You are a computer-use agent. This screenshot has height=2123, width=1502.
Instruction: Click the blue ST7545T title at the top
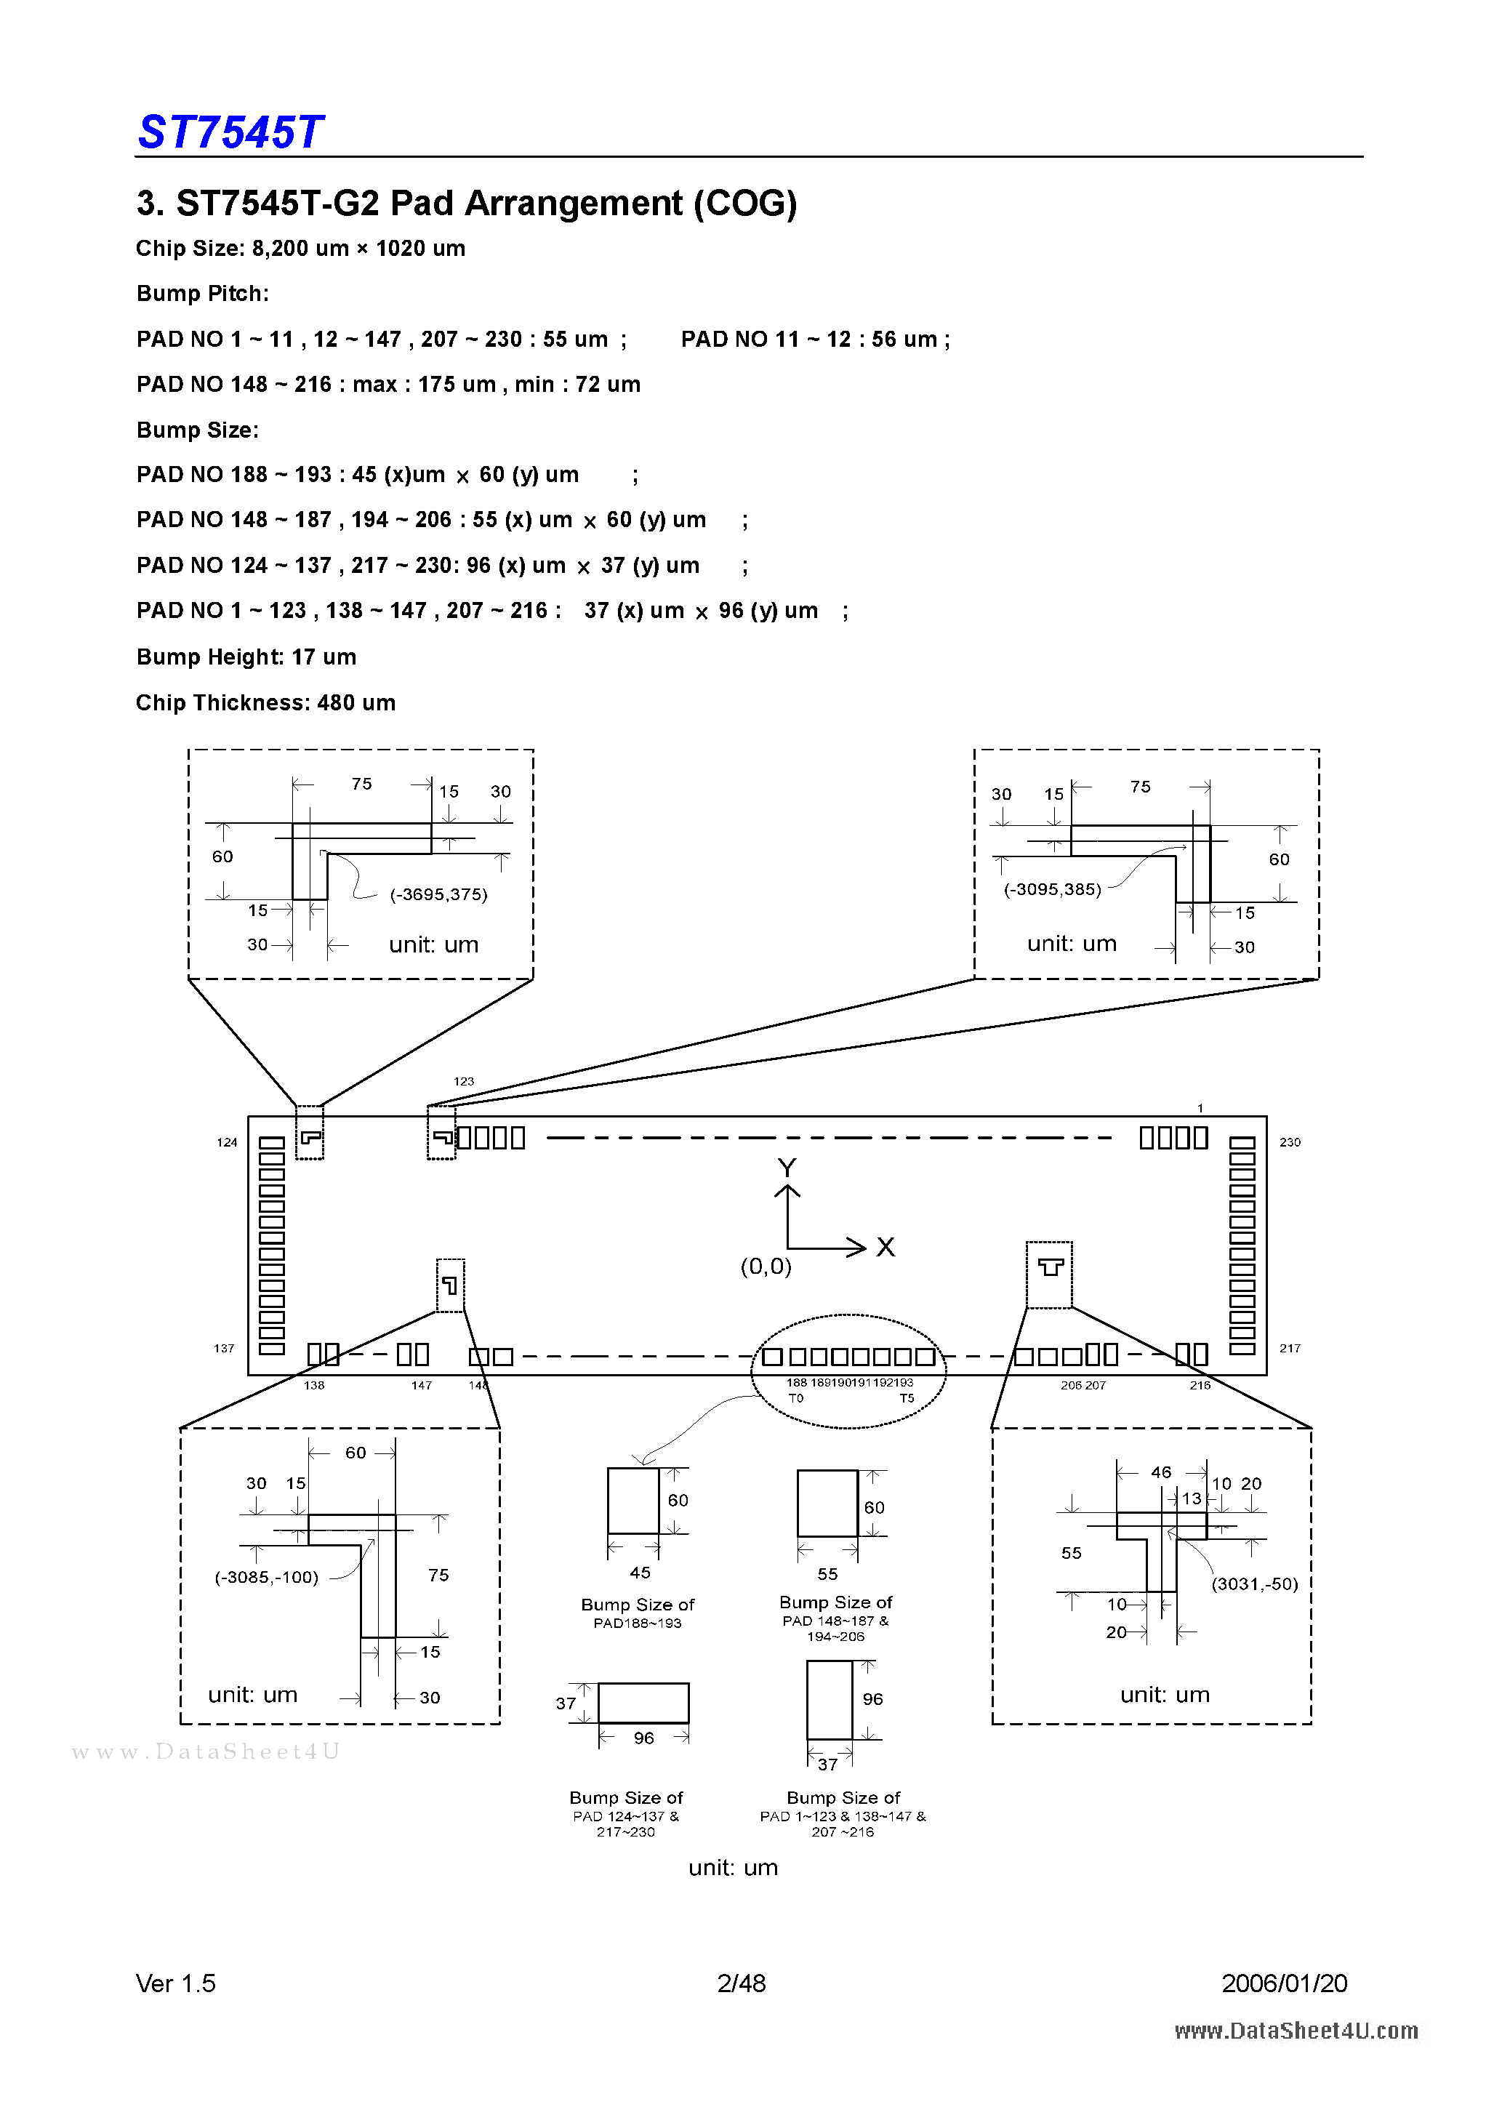pos(230,132)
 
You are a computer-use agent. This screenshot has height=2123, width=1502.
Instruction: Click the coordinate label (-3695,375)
pos(438,894)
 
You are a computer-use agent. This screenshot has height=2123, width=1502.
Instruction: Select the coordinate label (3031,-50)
pos(1255,1584)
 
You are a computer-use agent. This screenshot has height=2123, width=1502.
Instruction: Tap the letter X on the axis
pos(885,1248)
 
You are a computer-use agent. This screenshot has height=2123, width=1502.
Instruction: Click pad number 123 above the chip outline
pos(463,1081)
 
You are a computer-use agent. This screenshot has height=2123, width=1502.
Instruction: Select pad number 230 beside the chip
pos(1290,1142)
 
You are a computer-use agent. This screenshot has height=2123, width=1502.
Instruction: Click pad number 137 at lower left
pos(224,1348)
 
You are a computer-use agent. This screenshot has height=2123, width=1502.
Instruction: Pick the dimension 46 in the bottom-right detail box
pos(1161,1472)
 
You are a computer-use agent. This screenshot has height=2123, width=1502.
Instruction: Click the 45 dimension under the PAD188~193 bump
pos(640,1572)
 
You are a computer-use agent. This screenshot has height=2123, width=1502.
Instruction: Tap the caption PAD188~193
pos(638,1623)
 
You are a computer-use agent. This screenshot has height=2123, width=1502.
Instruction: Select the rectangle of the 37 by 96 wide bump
pos(643,1702)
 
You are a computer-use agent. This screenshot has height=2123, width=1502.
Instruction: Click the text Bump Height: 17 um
pos(246,657)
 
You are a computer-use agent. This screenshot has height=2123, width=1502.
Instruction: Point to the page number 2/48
pos(742,1983)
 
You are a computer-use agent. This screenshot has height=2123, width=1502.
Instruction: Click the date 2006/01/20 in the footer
pos(1284,1983)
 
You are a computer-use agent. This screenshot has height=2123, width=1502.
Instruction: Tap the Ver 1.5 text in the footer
pos(176,1983)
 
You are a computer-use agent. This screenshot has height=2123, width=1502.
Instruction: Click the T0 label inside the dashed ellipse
pos(796,1398)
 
